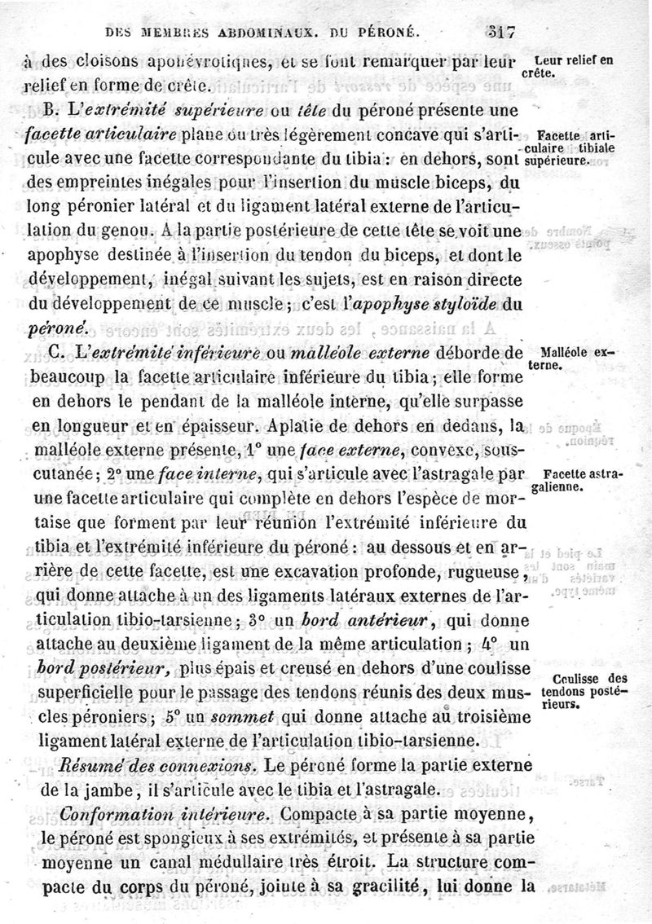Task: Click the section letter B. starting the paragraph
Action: tap(55, 109)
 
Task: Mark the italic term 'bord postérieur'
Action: tap(104, 670)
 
